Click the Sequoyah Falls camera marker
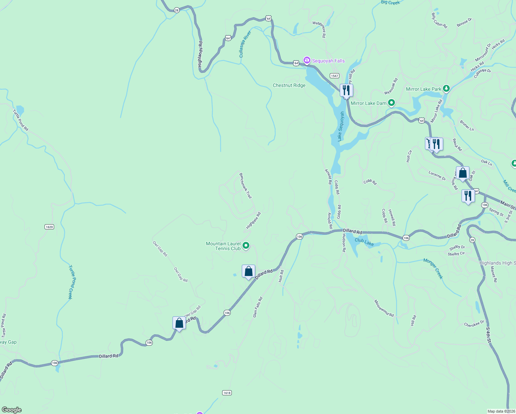pyautogui.click(x=307, y=60)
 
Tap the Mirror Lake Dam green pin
pyautogui.click(x=391, y=103)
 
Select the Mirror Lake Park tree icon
pyautogui.click(x=446, y=89)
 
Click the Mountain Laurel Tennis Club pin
pyautogui.click(x=246, y=246)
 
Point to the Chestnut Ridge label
pyautogui.click(x=289, y=85)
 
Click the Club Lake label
pyautogui.click(x=364, y=242)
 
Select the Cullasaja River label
pyautogui.click(x=245, y=44)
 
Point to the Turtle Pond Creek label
pyautogui.click(x=71, y=282)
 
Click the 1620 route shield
pyautogui.click(x=49, y=227)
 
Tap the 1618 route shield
pyautogui.click(x=227, y=393)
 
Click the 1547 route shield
pyautogui.click(x=334, y=76)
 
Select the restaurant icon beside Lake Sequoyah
pyautogui.click(x=346, y=90)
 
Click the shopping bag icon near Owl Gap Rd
pyautogui.click(x=179, y=323)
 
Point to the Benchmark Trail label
pyautogui.click(x=246, y=186)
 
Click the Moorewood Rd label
pyautogui.click(x=384, y=308)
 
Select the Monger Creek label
pyautogui.click(x=433, y=268)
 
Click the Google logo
pyautogui.click(x=11, y=410)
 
